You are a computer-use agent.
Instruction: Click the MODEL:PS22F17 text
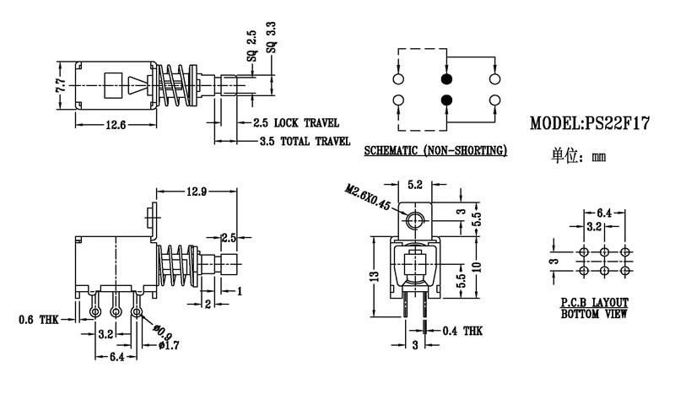click(x=588, y=123)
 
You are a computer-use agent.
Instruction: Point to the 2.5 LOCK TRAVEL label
click(x=295, y=122)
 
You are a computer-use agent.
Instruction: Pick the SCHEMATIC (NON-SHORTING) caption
click(x=435, y=152)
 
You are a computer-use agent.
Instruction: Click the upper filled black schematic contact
click(x=446, y=79)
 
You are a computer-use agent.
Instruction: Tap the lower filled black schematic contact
click(x=446, y=101)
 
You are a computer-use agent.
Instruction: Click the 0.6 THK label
click(x=38, y=320)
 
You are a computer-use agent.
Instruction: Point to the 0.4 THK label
click(x=462, y=331)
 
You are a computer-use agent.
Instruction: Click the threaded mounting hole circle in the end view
click(x=413, y=222)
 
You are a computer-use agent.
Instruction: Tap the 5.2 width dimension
click(x=415, y=183)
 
